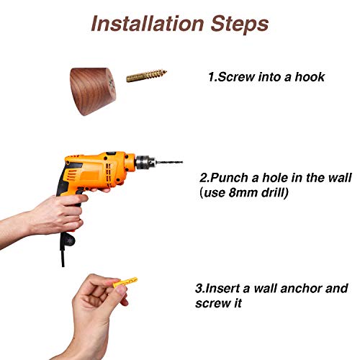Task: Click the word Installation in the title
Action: point(148,24)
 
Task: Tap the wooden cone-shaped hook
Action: point(93,91)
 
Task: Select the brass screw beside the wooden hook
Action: point(146,76)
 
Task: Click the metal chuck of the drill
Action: point(145,162)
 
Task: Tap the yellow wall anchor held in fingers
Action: point(125,282)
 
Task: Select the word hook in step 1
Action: point(310,77)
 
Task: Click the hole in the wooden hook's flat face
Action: point(111,85)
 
